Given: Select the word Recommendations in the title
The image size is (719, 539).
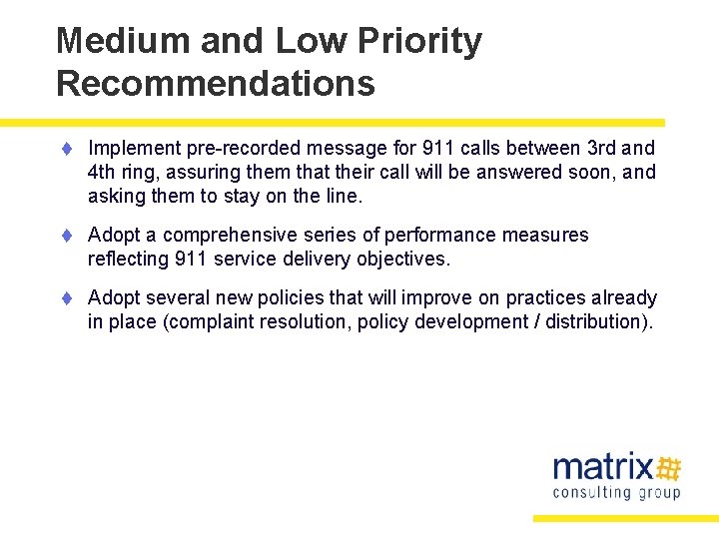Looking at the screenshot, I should tap(216, 83).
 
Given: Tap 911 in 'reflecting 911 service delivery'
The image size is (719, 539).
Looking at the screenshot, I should tap(191, 260).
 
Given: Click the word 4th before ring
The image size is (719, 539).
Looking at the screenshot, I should tap(103, 172).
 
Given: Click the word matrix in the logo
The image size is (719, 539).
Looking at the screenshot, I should tap(603, 467).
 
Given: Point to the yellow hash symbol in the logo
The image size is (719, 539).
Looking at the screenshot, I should tap(669, 467).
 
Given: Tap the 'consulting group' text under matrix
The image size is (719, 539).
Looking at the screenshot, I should tap(616, 492).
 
